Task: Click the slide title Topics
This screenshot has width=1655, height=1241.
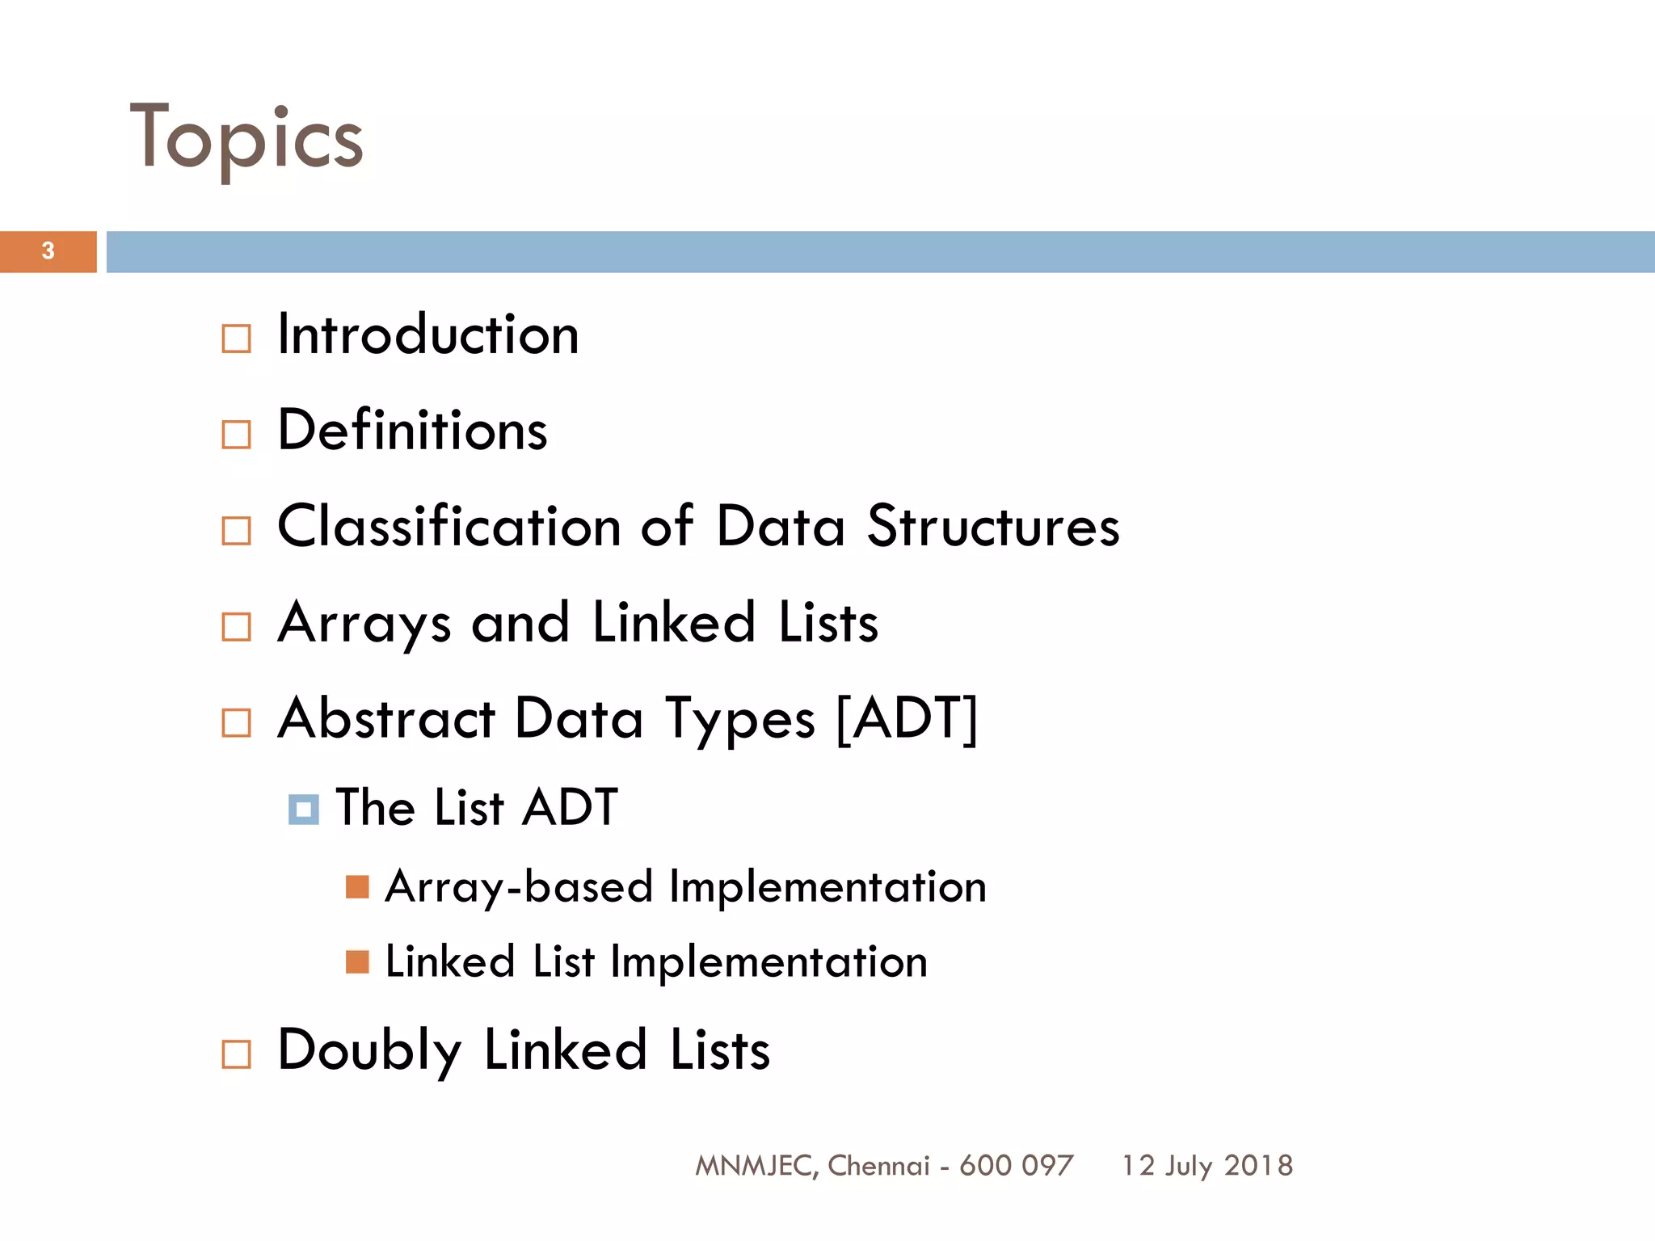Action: (246, 140)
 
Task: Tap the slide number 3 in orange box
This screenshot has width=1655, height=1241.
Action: (48, 251)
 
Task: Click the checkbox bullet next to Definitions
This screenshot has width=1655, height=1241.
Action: (236, 434)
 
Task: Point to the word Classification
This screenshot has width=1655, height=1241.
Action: (448, 526)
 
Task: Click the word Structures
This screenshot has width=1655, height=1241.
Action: (993, 526)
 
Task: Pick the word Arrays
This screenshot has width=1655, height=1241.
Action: (364, 623)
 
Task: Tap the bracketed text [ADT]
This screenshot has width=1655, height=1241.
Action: (906, 717)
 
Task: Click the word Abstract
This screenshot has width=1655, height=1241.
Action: (386, 718)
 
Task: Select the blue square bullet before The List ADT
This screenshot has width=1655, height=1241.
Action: (303, 809)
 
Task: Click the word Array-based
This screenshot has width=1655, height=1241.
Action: (519, 887)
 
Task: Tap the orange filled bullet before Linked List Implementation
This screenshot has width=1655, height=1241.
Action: (357, 961)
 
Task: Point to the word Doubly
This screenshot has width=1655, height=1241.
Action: (369, 1050)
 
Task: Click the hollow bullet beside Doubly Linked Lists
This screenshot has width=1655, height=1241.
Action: (236, 1054)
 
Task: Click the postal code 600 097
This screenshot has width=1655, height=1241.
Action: (1016, 1166)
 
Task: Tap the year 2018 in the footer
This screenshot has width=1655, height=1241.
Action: (1258, 1166)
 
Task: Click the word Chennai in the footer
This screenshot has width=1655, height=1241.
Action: (878, 1166)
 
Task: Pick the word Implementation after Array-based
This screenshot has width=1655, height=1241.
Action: (827, 887)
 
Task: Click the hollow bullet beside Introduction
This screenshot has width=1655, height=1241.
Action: (236, 339)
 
